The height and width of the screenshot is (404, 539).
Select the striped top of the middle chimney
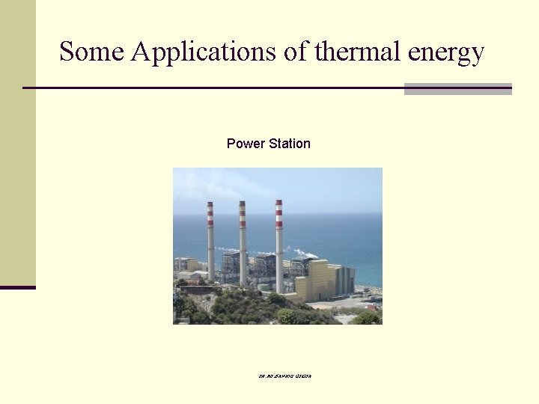point(243,213)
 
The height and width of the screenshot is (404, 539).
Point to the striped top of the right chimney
point(278,212)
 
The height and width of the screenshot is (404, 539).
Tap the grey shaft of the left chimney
point(211,254)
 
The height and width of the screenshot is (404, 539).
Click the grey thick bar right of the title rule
point(457,88)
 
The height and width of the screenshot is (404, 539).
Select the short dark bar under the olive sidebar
point(17,287)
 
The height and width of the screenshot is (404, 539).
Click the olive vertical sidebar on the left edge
point(17,142)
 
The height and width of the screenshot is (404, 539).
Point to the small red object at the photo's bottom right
point(372,307)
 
